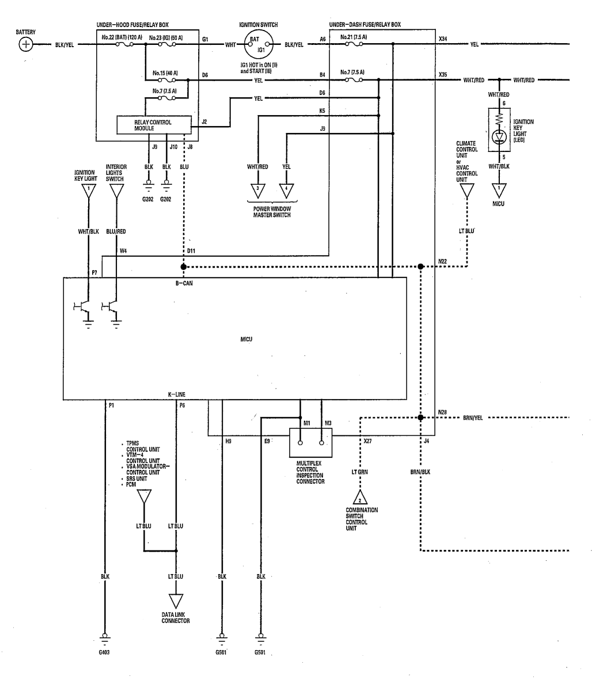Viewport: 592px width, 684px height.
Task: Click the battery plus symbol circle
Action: point(26,44)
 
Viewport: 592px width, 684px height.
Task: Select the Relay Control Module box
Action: point(154,125)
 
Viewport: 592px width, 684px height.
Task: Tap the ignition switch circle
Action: point(258,44)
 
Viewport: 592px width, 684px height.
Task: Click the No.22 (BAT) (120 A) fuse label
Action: point(122,37)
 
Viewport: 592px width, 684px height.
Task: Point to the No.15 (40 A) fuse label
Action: point(165,73)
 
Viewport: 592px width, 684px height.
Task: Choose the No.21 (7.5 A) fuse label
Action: point(354,37)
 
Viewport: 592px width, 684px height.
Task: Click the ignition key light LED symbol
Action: point(499,137)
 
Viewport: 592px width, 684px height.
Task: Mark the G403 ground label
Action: point(104,652)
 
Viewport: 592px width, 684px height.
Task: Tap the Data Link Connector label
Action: point(176,618)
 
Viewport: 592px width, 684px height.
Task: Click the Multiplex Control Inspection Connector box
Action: point(311,443)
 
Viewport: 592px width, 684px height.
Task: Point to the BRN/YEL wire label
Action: point(473,418)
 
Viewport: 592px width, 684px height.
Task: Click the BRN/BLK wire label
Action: point(420,472)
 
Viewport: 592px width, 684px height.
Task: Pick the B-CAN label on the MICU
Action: point(184,283)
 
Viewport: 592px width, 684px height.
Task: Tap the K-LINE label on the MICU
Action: point(177,395)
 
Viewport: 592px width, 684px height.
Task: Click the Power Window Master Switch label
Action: point(272,212)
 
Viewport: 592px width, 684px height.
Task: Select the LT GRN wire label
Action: point(360,472)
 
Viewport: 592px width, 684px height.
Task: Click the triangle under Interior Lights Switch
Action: point(116,191)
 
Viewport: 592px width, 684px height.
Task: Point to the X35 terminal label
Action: point(443,75)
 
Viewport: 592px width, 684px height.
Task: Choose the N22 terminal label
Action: point(442,262)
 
